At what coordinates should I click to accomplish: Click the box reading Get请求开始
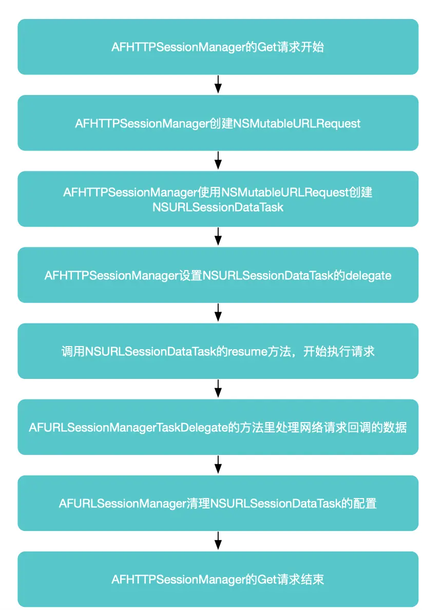pos(218,47)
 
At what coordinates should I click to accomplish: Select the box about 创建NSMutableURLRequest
pos(218,123)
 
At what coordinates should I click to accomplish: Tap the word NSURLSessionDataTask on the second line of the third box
pos(218,207)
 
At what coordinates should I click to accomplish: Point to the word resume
pos(248,352)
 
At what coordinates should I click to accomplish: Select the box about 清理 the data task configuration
pos(218,503)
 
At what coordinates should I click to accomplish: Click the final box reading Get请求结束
pos(218,579)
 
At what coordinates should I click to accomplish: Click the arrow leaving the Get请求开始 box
pos(218,85)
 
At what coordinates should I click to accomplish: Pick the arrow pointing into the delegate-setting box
pos(218,237)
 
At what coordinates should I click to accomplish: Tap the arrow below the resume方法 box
pos(218,389)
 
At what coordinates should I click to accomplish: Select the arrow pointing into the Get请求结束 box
pos(218,541)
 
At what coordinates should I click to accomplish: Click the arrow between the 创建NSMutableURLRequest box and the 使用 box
pos(218,161)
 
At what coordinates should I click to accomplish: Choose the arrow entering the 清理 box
pos(218,465)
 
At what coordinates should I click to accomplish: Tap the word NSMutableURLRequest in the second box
pos(298,123)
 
